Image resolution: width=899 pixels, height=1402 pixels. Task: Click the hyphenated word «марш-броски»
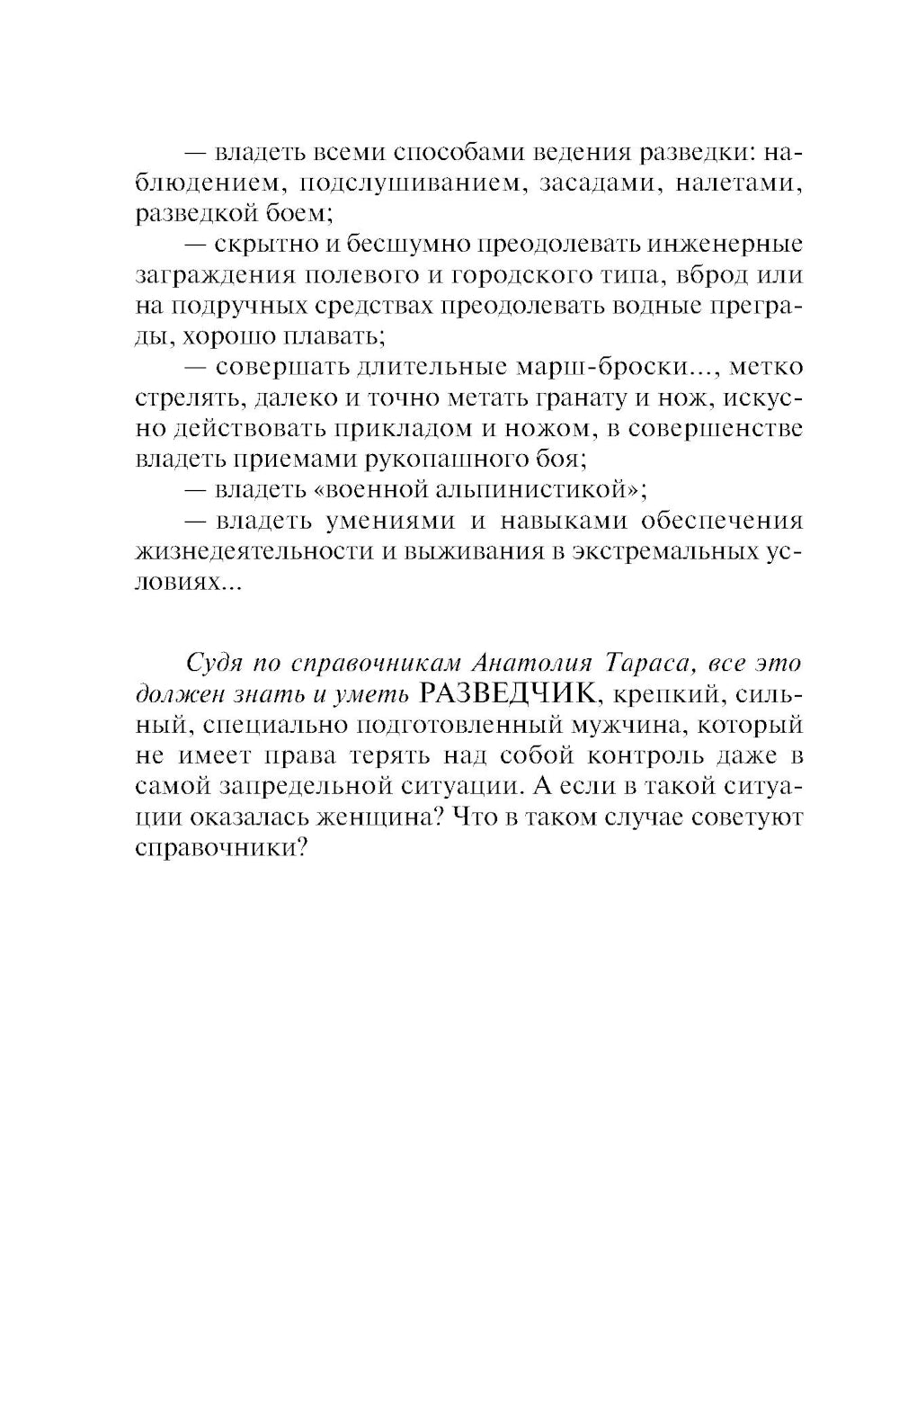point(611,368)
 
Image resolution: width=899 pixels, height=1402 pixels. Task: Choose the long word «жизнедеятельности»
point(254,551)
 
